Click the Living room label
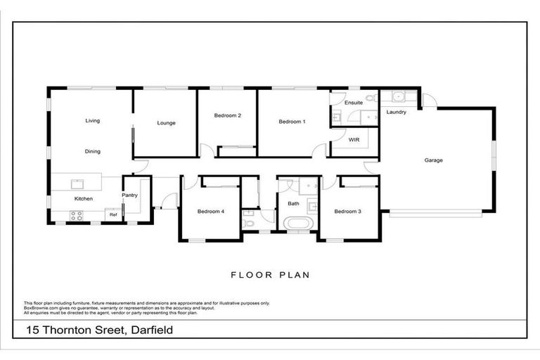coord(93,121)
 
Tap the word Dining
coord(93,151)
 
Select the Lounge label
coord(166,123)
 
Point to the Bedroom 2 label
coord(228,115)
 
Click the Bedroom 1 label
coord(292,122)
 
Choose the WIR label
coord(354,140)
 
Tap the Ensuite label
coord(354,103)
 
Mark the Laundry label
coord(397,112)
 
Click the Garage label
coord(433,160)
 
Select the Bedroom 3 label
coord(347,212)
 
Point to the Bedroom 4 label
coord(211,212)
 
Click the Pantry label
coord(129,195)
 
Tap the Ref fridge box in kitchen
coord(112,215)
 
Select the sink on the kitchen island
coord(77,185)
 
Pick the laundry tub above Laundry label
coord(397,97)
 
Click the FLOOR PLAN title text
coord(270,275)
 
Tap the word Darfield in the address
coord(148,330)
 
